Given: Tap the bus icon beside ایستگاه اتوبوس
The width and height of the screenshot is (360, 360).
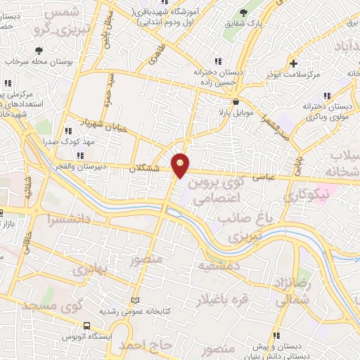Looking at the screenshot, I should (x=86, y=326).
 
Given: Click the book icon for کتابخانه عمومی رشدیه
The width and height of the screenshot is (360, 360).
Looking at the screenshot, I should (x=146, y=300).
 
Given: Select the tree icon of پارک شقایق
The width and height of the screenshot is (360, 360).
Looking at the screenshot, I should (x=243, y=12).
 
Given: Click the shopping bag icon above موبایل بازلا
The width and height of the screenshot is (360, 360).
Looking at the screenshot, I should (x=234, y=101).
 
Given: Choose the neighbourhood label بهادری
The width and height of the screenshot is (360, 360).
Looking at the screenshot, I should (x=92, y=269).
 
